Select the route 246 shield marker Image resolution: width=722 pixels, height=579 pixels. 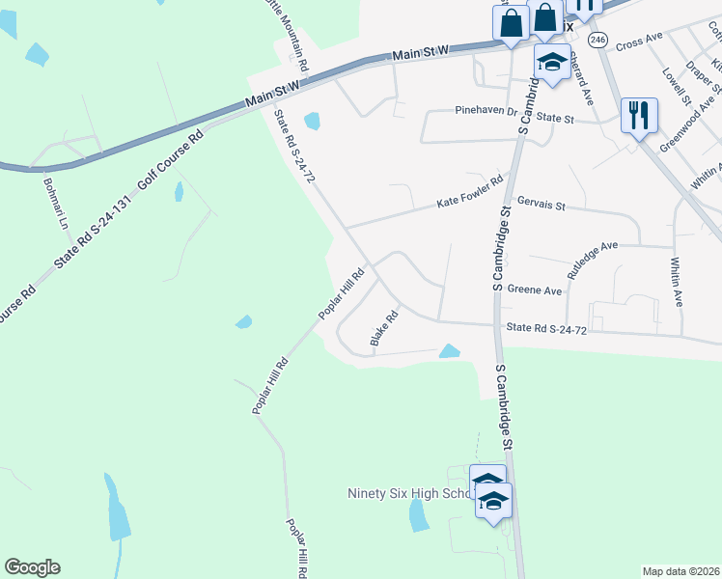[x=598, y=40]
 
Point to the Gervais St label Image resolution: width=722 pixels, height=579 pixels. [x=541, y=206]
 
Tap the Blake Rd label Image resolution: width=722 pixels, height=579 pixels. [x=384, y=329]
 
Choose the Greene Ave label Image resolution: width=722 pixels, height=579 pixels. [x=534, y=289]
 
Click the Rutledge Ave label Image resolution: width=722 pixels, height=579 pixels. [x=593, y=260]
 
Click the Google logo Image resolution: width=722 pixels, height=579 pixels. [x=32, y=567]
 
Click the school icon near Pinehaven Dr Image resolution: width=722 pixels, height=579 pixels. [x=551, y=62]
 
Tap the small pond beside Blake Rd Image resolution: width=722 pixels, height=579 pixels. [x=449, y=351]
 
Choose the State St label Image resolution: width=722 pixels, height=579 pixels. [x=555, y=119]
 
